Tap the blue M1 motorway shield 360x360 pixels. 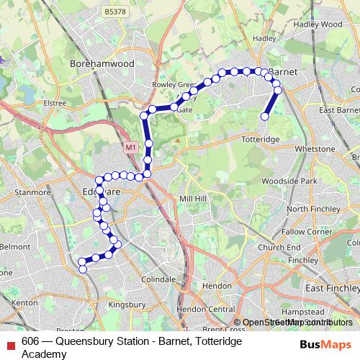coord(130,147)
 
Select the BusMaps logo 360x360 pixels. coord(325,346)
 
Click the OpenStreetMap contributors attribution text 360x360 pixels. coord(297,323)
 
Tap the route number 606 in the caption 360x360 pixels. coord(30,341)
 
